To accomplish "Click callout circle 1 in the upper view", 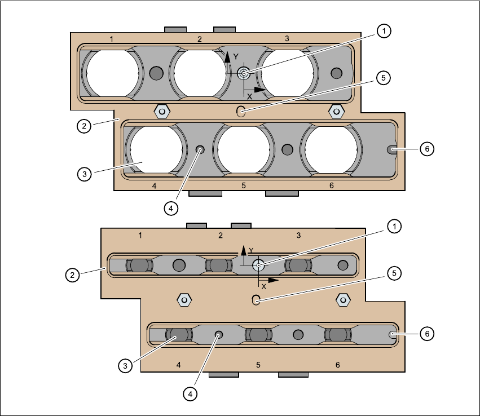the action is point(384,32).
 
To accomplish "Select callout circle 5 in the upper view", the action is point(383,78).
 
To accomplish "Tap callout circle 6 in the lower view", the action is point(427,334).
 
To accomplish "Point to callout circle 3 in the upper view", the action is point(83,174).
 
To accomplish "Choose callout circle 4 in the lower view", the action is point(190,393).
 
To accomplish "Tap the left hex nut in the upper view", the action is point(162,111).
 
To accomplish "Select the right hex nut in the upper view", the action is point(336,111).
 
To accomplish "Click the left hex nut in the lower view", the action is point(183,299).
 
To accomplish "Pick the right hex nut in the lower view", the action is point(341,299).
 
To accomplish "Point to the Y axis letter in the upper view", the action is point(235,56).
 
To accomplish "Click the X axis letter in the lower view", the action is point(263,286).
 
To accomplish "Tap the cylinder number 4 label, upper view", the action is point(154,185).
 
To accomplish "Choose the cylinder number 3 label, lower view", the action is point(298,234).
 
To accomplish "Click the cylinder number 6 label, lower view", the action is point(338,365).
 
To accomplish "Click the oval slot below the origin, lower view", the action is point(256,299).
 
